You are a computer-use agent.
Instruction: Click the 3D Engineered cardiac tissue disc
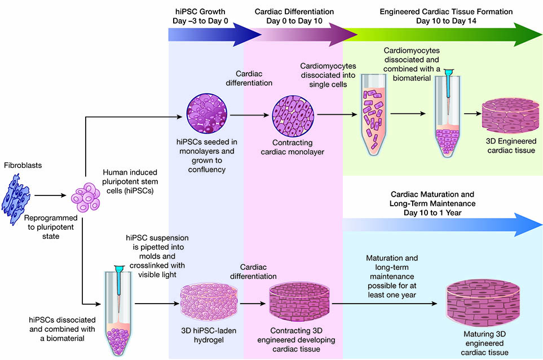tap(506, 118)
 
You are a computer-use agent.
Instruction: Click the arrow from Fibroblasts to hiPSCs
tap(51, 197)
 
